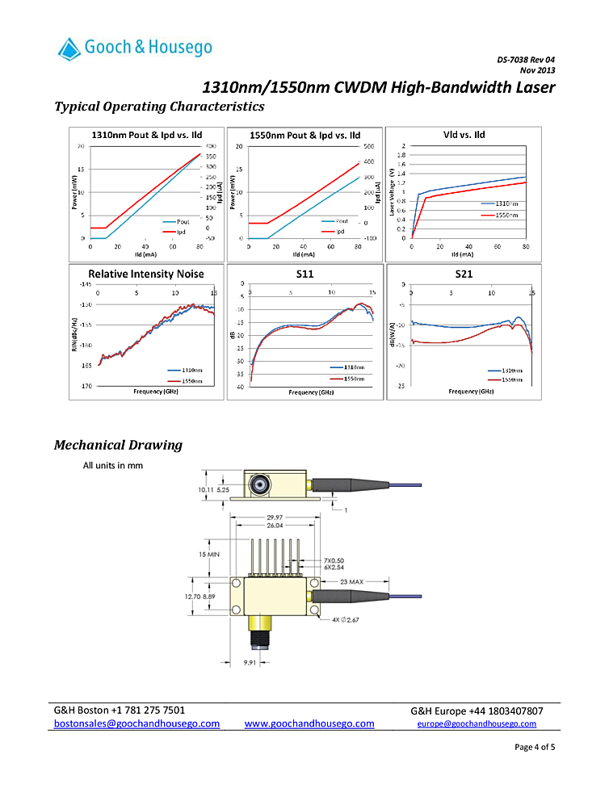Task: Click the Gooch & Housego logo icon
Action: (x=69, y=49)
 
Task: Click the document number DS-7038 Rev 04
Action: (x=526, y=60)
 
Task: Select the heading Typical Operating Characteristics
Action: (x=158, y=107)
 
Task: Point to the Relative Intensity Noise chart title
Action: (x=145, y=274)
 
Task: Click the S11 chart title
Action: (x=304, y=274)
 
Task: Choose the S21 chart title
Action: (x=464, y=274)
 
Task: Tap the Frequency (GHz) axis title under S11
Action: (x=304, y=392)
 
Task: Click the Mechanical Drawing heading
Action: (x=118, y=445)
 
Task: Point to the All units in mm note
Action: (x=113, y=465)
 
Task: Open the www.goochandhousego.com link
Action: (x=309, y=723)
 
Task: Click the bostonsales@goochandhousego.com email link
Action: (x=136, y=723)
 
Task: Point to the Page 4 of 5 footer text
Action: (x=534, y=747)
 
